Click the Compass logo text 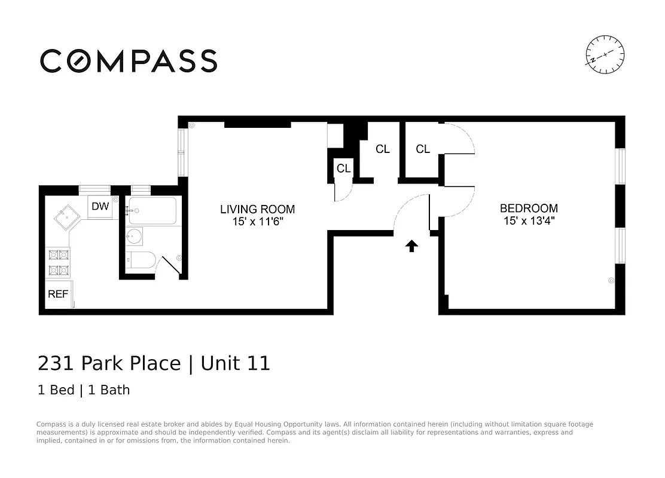(x=129, y=61)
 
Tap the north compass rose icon (x=605, y=55)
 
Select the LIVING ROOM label (x=257, y=209)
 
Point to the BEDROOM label (x=529, y=209)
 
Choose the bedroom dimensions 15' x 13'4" (x=529, y=220)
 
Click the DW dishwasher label (x=100, y=207)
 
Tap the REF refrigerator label (x=58, y=294)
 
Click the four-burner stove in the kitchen (x=58, y=262)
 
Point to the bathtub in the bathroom (x=153, y=211)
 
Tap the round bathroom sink (x=135, y=237)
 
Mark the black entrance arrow (x=411, y=246)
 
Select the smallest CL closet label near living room (x=343, y=168)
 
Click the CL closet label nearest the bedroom (x=423, y=149)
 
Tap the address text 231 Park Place (x=109, y=363)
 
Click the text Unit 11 (x=236, y=363)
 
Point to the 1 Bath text (x=109, y=390)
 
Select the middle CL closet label (x=383, y=149)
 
